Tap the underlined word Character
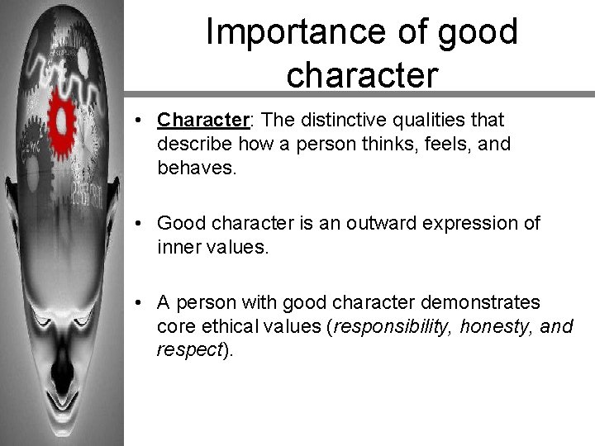202,120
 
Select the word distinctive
341,120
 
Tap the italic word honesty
494,326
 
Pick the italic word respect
190,349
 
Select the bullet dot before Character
144,121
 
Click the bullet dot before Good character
144,223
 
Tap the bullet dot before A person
144,302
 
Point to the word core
174,326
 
